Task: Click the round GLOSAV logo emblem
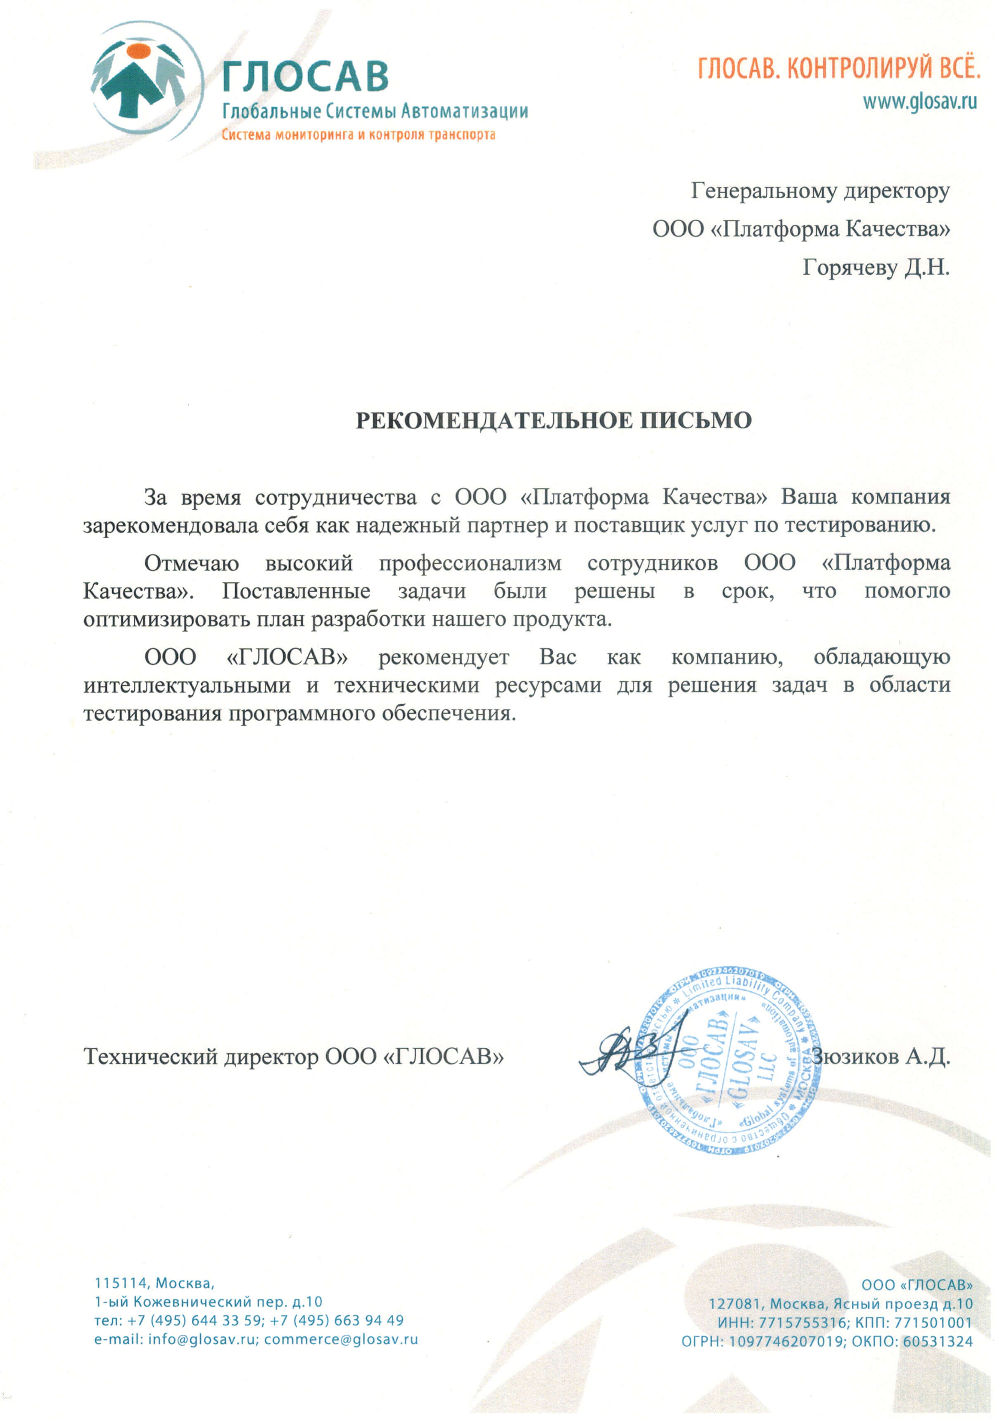147,79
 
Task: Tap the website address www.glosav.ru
919,101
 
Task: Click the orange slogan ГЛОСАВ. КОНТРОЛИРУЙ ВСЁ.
838,68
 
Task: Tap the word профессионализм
470,563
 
